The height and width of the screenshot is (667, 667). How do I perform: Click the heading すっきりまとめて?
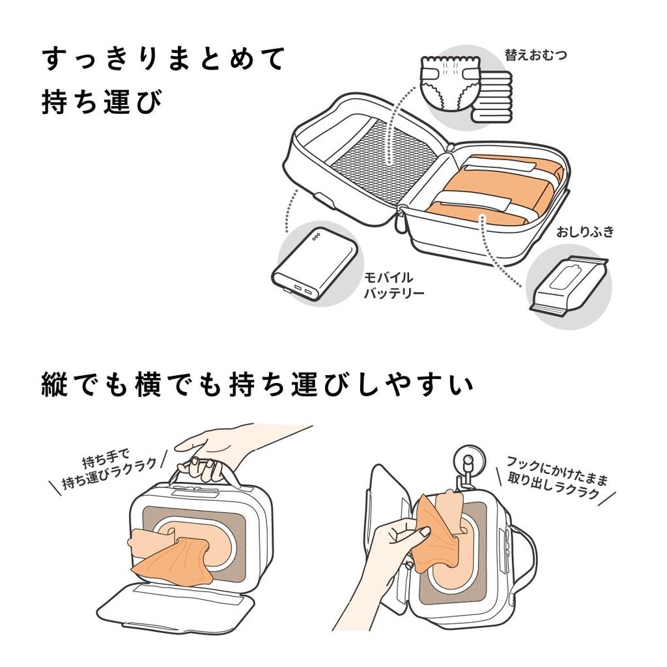[x=163, y=60]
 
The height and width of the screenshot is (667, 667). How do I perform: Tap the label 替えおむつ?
[x=535, y=55]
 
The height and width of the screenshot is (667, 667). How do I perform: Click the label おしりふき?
[x=584, y=232]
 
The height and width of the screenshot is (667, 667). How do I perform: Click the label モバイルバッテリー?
[x=393, y=285]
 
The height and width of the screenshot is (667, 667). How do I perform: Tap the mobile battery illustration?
[x=315, y=264]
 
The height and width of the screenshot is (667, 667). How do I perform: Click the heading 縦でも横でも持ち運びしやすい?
[x=257, y=385]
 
